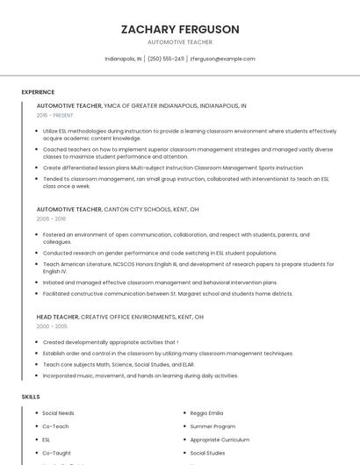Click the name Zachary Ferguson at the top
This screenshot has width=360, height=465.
tap(180, 29)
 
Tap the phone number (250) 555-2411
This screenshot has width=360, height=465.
tap(166, 59)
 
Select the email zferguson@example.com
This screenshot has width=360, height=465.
tap(222, 59)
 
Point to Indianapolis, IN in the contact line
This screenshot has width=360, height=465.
tap(123, 59)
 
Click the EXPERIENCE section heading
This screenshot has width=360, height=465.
tap(38, 92)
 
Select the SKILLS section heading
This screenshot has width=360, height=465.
tap(31, 397)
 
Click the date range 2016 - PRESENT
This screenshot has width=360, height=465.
tap(55, 115)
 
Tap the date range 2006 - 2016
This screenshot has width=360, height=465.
tap(51, 219)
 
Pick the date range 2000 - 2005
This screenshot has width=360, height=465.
tap(52, 325)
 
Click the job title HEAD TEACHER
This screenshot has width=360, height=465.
tap(57, 316)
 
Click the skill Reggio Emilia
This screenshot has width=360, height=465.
tap(206, 412)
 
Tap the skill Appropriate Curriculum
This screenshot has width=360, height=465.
tap(220, 440)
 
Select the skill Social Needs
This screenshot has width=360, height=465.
tap(58, 412)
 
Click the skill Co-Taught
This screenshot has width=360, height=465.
tap(56, 453)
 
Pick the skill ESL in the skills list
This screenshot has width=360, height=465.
tap(47, 440)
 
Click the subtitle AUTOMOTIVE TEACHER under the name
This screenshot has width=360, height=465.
tap(180, 42)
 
